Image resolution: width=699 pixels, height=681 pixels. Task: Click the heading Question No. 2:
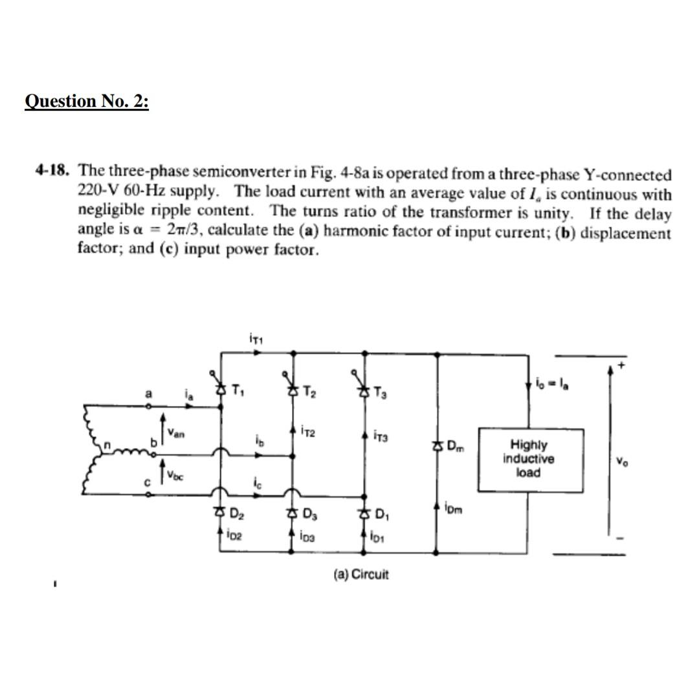(87, 102)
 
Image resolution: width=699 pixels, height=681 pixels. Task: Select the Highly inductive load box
(528, 458)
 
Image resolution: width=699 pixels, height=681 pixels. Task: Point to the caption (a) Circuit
(361, 574)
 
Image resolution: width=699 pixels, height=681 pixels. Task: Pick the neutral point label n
(110, 445)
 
